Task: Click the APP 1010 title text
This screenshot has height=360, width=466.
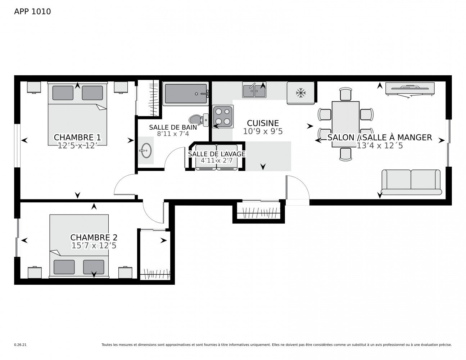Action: pos(32,12)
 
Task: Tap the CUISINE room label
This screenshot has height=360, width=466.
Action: pos(263,123)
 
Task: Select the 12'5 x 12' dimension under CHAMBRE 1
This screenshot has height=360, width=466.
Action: pos(77,145)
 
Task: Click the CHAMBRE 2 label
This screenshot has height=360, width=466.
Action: pos(94,238)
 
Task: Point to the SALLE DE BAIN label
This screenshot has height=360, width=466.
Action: pos(173,127)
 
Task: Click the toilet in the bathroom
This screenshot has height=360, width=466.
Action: pos(199,120)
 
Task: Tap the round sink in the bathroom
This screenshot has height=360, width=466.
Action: pos(146,151)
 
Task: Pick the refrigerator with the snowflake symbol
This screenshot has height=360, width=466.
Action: pos(300,93)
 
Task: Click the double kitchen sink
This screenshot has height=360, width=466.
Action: pos(254,90)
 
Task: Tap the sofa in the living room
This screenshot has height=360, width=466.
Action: pos(411,182)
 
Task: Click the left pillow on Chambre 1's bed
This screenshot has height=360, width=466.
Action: pos(63,93)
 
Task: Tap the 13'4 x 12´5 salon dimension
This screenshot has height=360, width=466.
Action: pos(379,145)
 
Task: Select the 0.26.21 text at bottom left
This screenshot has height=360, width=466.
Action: pos(20,345)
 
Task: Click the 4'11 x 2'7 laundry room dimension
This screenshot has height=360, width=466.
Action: pos(216,160)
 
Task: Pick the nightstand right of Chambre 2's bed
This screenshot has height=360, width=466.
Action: pos(125,272)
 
